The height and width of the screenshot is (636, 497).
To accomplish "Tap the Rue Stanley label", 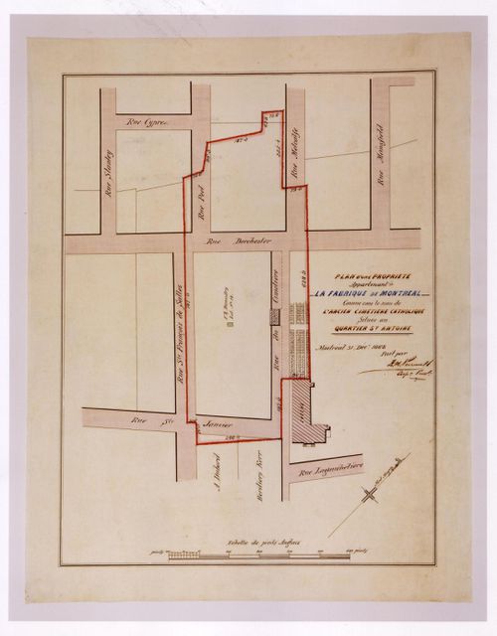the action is [107, 169].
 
